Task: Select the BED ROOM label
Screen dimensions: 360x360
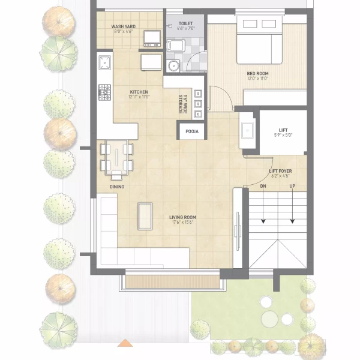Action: point(257,73)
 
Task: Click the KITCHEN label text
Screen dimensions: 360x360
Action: point(139,92)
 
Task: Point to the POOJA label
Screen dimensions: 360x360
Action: point(192,131)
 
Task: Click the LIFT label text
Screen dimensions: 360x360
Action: point(283,130)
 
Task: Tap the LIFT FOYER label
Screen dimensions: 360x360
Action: point(280,171)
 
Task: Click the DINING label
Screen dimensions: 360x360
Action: point(117,187)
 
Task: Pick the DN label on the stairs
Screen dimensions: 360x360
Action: point(263,187)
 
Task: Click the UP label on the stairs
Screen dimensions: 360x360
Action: point(292,187)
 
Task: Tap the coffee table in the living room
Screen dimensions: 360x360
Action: point(145,216)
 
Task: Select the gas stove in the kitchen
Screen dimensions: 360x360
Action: point(104,92)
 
